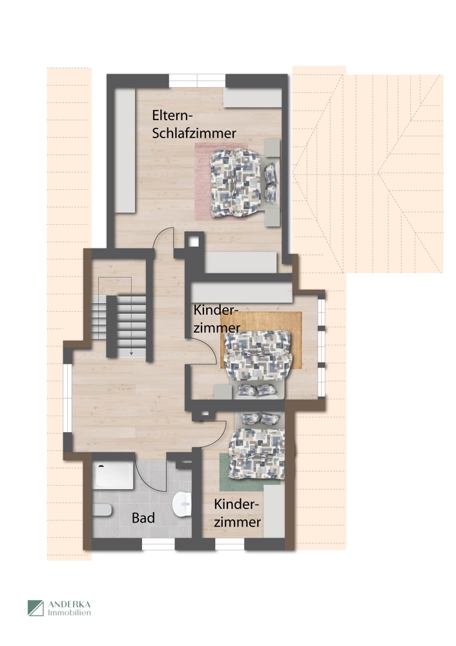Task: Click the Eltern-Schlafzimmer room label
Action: [x=193, y=124]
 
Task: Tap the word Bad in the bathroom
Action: [x=143, y=517]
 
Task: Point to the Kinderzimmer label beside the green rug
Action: [x=238, y=513]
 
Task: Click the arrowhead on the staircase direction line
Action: [x=131, y=353]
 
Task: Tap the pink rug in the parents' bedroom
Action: [x=203, y=181]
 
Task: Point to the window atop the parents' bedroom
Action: [x=197, y=81]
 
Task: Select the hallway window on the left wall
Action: [x=67, y=401]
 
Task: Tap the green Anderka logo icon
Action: [x=36, y=608]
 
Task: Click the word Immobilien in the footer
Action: [x=70, y=612]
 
